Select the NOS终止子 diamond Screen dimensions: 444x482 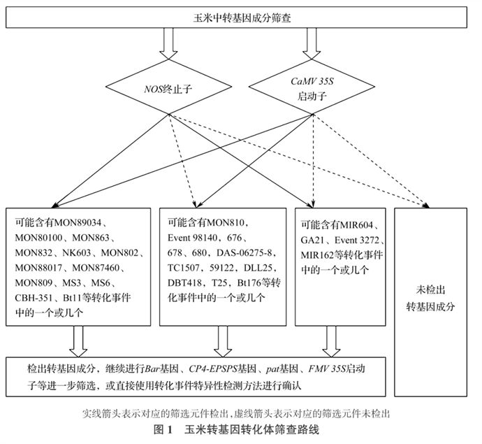[x=165, y=89]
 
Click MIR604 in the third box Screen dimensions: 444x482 [x=358, y=224]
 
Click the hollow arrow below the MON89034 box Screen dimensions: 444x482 [x=79, y=341]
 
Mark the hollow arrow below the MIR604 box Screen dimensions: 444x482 [x=330, y=341]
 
